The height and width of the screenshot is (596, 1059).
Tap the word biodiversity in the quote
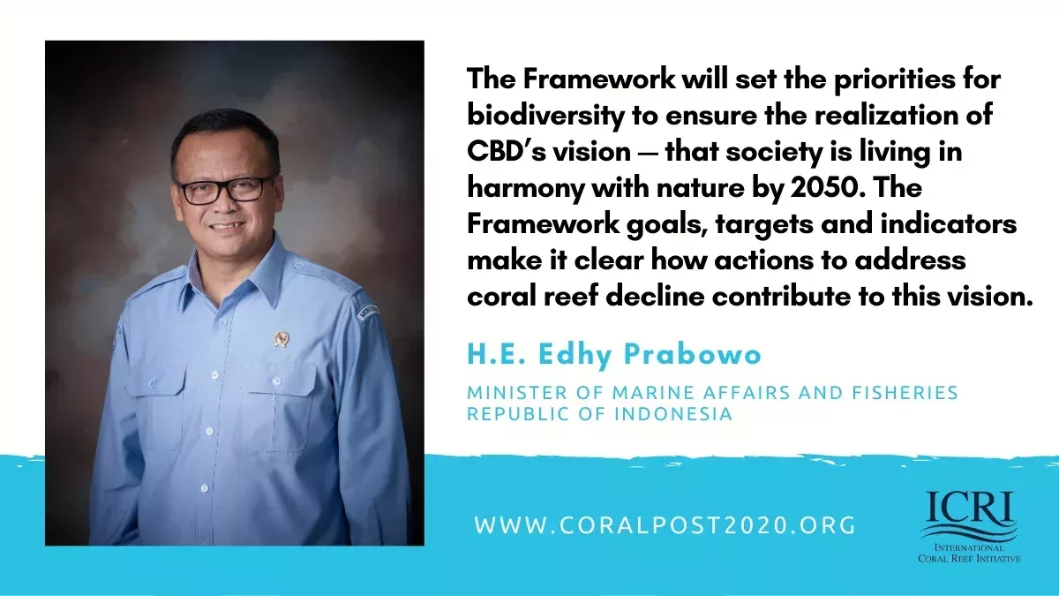tap(545, 116)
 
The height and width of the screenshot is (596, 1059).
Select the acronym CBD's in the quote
tap(506, 151)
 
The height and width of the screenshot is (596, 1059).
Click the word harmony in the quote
tap(526, 189)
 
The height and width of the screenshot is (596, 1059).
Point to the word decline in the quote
tap(654, 297)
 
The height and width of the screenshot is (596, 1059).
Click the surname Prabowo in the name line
tap(692, 354)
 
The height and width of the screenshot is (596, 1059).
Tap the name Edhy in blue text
tap(575, 356)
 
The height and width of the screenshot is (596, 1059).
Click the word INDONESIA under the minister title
tap(673, 414)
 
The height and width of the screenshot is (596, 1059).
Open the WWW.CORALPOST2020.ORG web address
tap(665, 525)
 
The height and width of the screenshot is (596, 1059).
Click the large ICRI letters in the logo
tap(970, 506)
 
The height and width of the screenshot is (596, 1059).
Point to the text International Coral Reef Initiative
tap(969, 553)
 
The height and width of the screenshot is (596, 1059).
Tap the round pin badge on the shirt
tap(282, 339)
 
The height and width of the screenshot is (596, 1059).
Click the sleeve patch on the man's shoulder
tap(368, 313)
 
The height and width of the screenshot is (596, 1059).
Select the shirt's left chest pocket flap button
tap(276, 381)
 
